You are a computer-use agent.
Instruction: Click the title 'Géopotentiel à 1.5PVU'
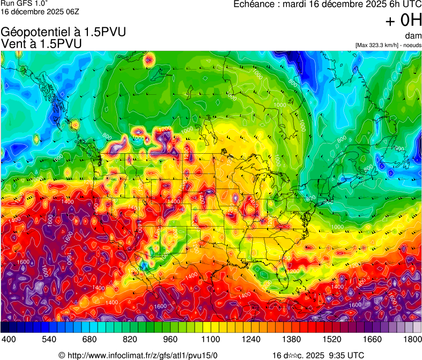tap(64, 32)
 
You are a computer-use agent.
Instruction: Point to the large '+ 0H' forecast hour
tap(404, 20)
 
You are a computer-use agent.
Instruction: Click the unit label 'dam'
tap(413, 36)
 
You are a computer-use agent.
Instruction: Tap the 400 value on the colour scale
tap(9, 339)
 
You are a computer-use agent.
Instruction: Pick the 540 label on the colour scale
tap(49, 339)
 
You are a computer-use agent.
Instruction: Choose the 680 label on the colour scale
tap(89, 339)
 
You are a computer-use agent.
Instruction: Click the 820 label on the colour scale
tap(129, 339)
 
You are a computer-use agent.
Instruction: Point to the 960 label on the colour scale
tap(170, 339)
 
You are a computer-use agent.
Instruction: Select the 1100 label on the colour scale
tap(211, 339)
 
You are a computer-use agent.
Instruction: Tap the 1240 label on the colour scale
tap(251, 339)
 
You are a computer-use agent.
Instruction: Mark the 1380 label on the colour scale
tap(292, 339)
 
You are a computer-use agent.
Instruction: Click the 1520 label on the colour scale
tap(332, 339)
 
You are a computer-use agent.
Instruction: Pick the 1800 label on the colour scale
tap(412, 339)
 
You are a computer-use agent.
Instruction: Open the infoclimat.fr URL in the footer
tap(142, 355)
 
